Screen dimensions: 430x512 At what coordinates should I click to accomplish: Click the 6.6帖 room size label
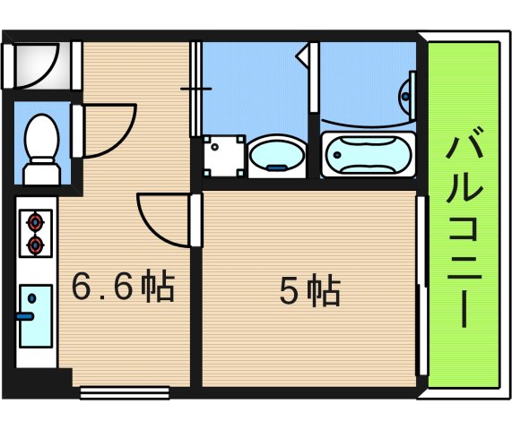tap(122, 288)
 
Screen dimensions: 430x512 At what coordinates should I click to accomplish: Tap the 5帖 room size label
tap(309, 291)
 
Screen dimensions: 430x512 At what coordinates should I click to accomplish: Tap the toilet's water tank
tap(39, 170)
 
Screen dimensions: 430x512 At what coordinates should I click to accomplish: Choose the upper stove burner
tap(36, 219)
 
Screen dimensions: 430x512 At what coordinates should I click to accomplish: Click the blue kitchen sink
tap(36, 315)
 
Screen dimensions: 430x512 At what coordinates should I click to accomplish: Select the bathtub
tap(368, 155)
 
